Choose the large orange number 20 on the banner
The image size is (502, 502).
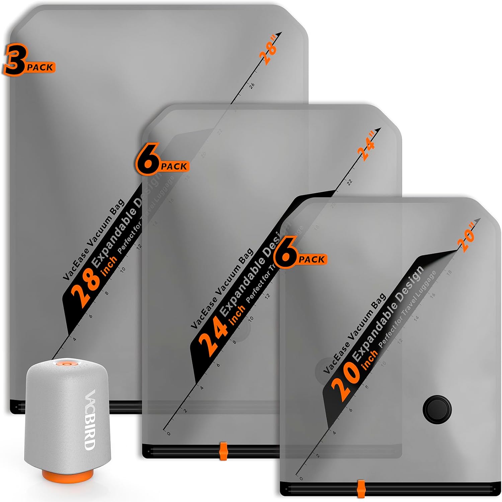click(x=344, y=381)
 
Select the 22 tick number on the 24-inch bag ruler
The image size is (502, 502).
click(x=350, y=182)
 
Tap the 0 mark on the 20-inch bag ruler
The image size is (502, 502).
click(x=301, y=479)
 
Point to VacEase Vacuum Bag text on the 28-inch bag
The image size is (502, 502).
click(x=94, y=239)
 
